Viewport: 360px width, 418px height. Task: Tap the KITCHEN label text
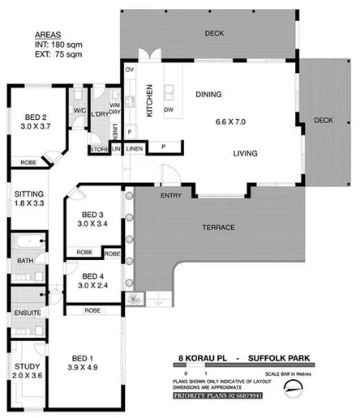click(149, 102)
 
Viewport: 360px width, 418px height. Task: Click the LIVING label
click(246, 152)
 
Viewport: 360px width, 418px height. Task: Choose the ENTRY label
click(171, 195)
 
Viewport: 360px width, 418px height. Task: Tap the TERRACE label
click(218, 228)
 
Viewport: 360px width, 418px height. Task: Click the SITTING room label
click(24, 194)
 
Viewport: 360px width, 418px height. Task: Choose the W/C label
click(78, 111)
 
